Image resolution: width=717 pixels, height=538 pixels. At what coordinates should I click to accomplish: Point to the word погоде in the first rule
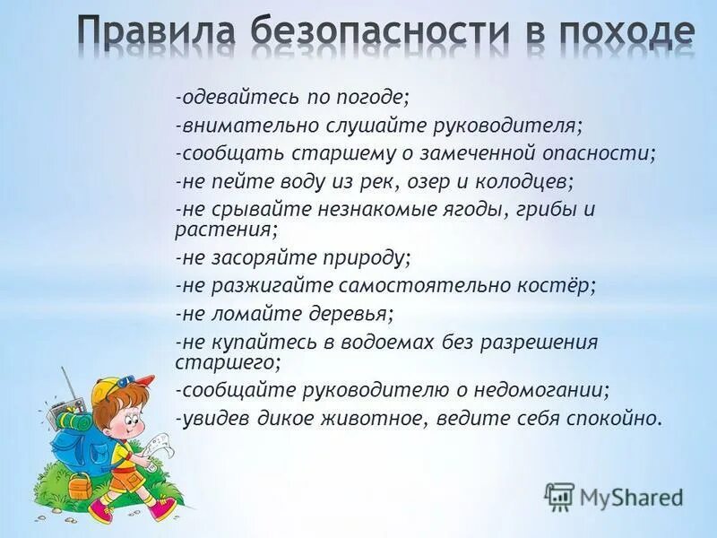click(377, 97)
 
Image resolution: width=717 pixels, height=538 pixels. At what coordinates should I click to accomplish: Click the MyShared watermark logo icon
click(559, 496)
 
